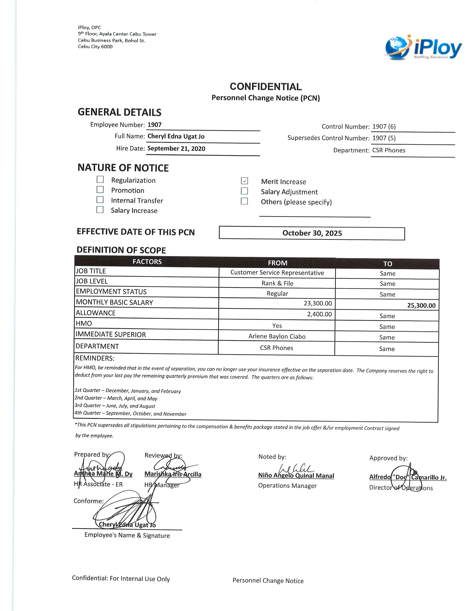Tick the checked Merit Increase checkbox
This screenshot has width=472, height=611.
[244, 181]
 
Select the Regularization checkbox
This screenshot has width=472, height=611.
[100, 179]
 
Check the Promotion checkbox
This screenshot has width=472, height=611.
[100, 190]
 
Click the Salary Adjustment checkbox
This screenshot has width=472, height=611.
[244, 191]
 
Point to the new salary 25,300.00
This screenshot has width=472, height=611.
[421, 305]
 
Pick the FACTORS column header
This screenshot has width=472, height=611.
[147, 262]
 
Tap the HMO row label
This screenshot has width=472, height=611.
[84, 324]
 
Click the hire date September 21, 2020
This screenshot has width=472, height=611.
[176, 148]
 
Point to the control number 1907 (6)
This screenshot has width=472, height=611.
[384, 127]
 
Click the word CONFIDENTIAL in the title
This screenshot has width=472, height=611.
[266, 87]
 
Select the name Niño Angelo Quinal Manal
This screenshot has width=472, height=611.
[296, 476]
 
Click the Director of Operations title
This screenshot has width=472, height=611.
[401, 488]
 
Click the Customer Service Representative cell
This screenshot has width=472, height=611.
[277, 273]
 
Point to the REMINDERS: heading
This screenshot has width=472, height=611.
[95, 358]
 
